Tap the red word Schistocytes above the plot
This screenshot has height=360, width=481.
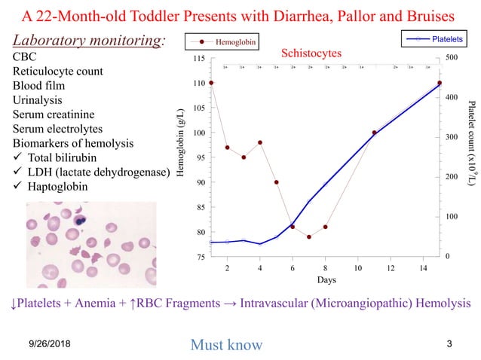tap(311, 53)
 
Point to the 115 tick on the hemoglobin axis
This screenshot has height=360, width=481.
tap(199, 59)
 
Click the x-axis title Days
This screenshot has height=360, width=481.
tap(326, 279)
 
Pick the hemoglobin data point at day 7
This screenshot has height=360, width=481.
tap(309, 237)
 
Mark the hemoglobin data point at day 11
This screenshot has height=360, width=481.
tap(375, 133)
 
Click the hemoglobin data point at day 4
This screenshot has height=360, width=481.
tap(260, 142)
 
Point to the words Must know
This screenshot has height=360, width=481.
tap(226, 345)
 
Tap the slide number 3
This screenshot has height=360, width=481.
tap(449, 344)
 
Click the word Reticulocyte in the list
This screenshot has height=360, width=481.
tap(47, 71)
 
